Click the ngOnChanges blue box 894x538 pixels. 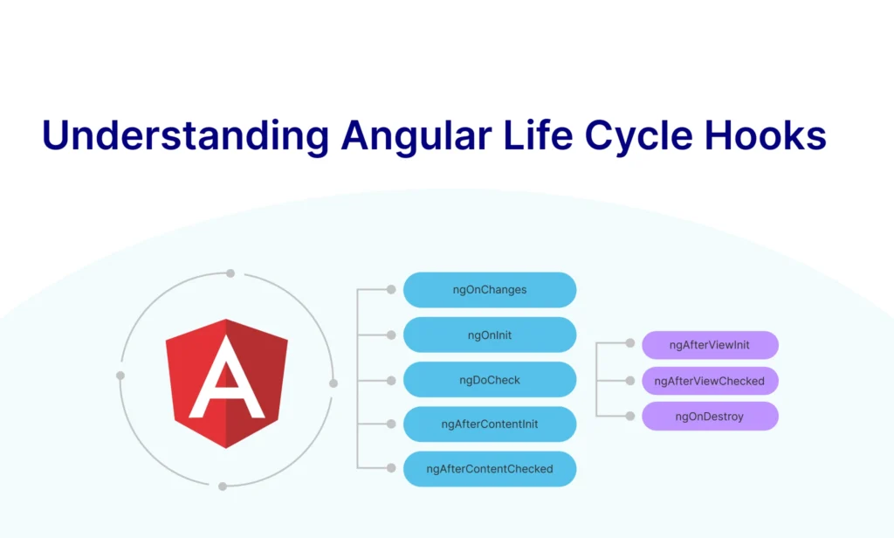click(x=489, y=289)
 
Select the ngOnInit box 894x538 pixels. click(x=489, y=335)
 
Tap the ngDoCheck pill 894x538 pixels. click(x=489, y=380)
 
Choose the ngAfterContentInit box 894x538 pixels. click(x=489, y=424)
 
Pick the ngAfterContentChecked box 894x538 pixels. click(x=489, y=469)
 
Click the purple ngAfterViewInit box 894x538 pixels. click(x=709, y=345)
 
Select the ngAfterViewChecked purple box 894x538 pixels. click(x=709, y=381)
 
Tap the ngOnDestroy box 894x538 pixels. click(x=709, y=417)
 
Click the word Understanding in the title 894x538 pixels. click(x=185, y=137)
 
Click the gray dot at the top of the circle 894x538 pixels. click(x=230, y=273)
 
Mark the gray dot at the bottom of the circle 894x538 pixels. click(x=223, y=486)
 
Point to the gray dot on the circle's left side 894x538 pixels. click(x=120, y=376)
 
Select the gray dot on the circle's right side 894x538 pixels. click(x=333, y=383)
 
